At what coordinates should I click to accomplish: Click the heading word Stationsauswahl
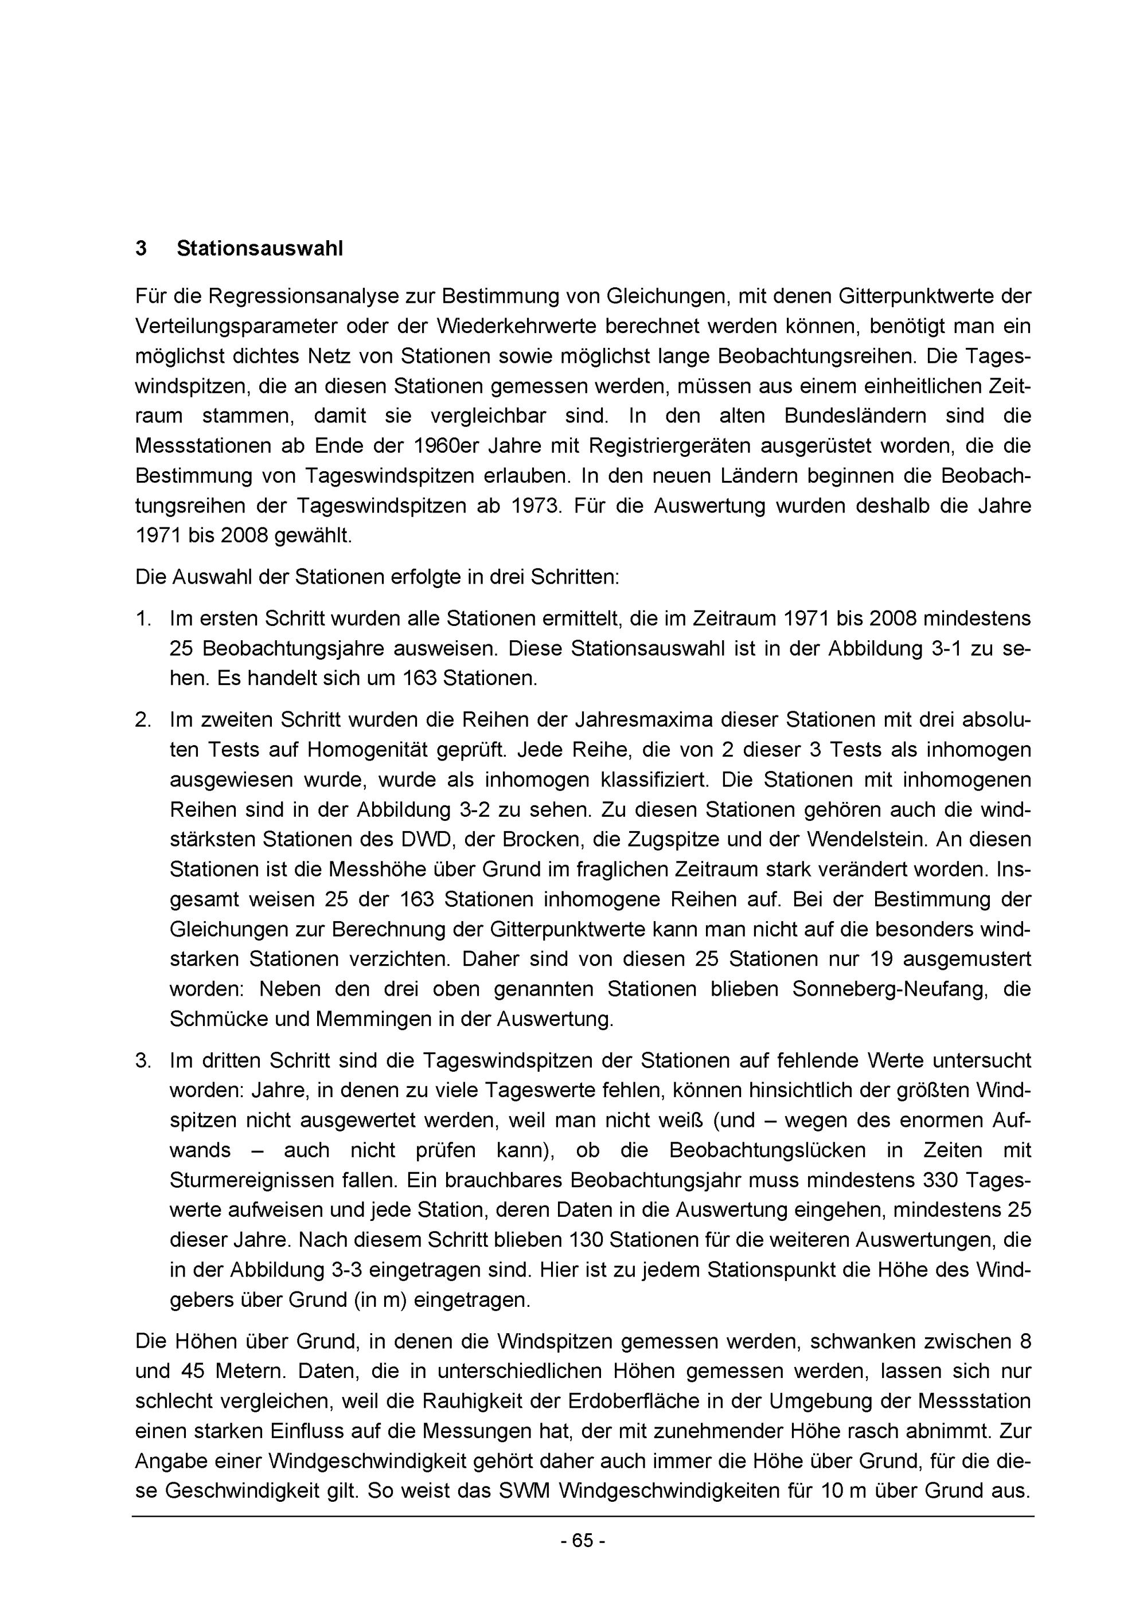click(259, 249)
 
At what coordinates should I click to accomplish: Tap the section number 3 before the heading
click(141, 249)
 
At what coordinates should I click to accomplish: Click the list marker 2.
click(143, 720)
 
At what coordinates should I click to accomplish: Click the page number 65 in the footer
click(583, 1541)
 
